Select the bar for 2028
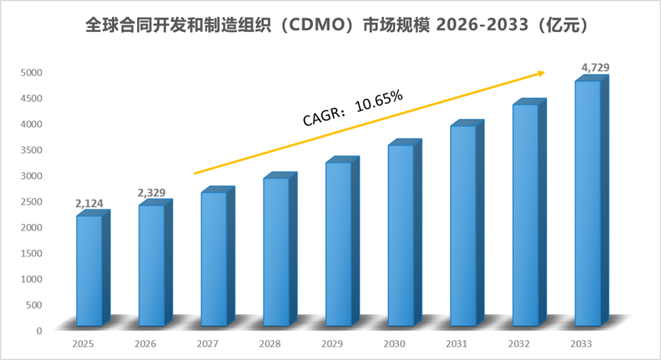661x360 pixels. click(x=280, y=249)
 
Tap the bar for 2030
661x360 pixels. click(x=404, y=232)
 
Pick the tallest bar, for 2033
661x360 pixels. click(x=592, y=201)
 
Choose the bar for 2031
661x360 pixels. click(x=467, y=223)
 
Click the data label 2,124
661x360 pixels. click(x=89, y=203)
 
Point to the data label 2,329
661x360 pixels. click(x=152, y=193)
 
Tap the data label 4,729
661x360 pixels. click(x=596, y=67)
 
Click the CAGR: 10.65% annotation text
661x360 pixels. click(x=353, y=108)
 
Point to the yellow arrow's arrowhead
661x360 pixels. click(x=541, y=73)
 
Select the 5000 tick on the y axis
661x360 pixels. click(x=32, y=72)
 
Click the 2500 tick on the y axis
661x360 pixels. click(x=32, y=202)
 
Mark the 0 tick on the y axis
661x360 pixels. click(x=39, y=331)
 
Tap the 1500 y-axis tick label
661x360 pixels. click(x=32, y=253)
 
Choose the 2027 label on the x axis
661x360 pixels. click(x=207, y=344)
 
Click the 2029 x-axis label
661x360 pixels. click(x=332, y=344)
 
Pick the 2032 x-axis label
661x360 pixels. click(x=519, y=344)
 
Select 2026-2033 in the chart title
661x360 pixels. click(x=482, y=25)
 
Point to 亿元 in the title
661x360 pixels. click(x=563, y=25)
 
